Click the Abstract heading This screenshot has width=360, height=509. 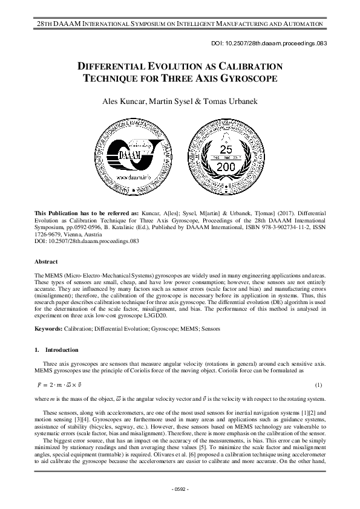[x=46, y=262]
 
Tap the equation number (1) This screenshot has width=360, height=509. [x=319, y=385]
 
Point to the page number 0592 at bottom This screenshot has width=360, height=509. [x=180, y=488]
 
